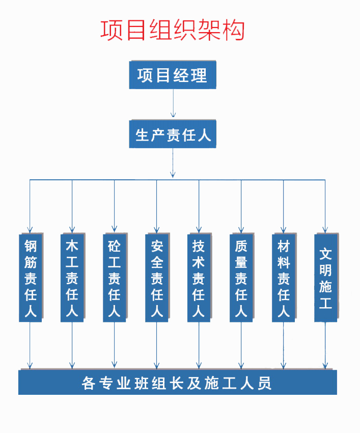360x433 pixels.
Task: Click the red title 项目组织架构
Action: coord(172,30)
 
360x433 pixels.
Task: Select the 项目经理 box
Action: coord(173,75)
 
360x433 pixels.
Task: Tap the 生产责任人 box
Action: coord(173,134)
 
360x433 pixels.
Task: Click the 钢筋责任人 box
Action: coord(31,278)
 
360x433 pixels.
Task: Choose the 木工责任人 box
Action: coord(72,278)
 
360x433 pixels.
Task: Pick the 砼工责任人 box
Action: coord(115,278)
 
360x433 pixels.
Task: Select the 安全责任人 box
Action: coord(157,278)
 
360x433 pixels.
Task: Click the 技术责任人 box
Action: coord(199,278)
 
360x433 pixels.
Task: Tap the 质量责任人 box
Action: coord(241,278)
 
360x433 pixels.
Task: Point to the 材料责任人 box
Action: coord(284,278)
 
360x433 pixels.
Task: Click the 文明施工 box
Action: coord(326,278)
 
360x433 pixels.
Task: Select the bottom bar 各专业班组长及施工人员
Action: coord(177,383)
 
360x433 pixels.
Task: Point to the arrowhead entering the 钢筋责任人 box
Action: coord(30,230)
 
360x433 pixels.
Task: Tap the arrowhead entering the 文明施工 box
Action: coord(325,230)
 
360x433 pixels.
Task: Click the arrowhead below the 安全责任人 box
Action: coord(156,365)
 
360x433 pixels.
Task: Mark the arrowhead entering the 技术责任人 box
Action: coord(199,230)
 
